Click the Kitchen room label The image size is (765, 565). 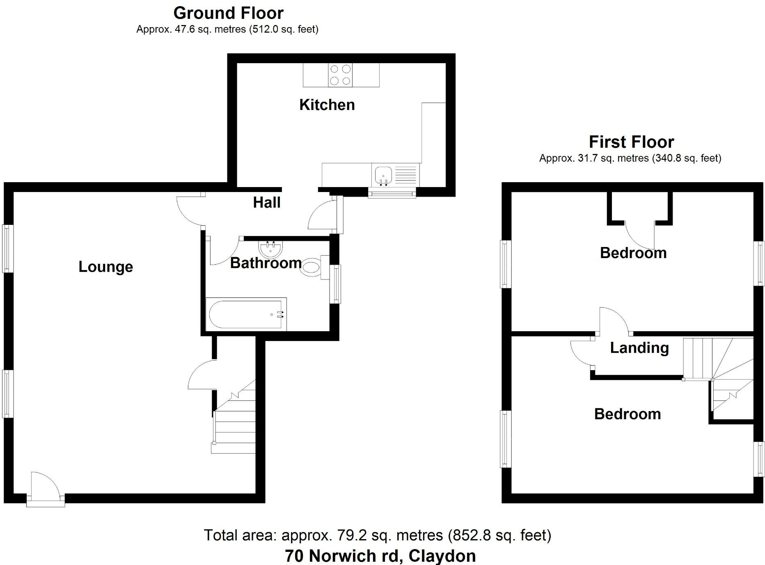click(x=327, y=105)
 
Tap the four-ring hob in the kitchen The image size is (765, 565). click(x=340, y=75)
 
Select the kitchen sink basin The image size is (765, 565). click(x=383, y=176)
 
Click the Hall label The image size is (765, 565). click(x=266, y=203)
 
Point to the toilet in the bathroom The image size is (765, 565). click(x=311, y=268)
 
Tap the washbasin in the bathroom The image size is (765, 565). click(x=270, y=248)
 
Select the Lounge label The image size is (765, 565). click(x=105, y=267)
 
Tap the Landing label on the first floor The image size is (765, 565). click(x=639, y=348)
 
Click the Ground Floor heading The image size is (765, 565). click(x=228, y=13)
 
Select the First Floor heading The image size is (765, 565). click(x=631, y=142)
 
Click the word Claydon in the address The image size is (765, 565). click(x=442, y=556)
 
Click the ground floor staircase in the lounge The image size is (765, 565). click(x=234, y=427)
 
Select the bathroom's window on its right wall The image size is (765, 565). click(x=336, y=284)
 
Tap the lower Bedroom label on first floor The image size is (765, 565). click(x=627, y=414)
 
